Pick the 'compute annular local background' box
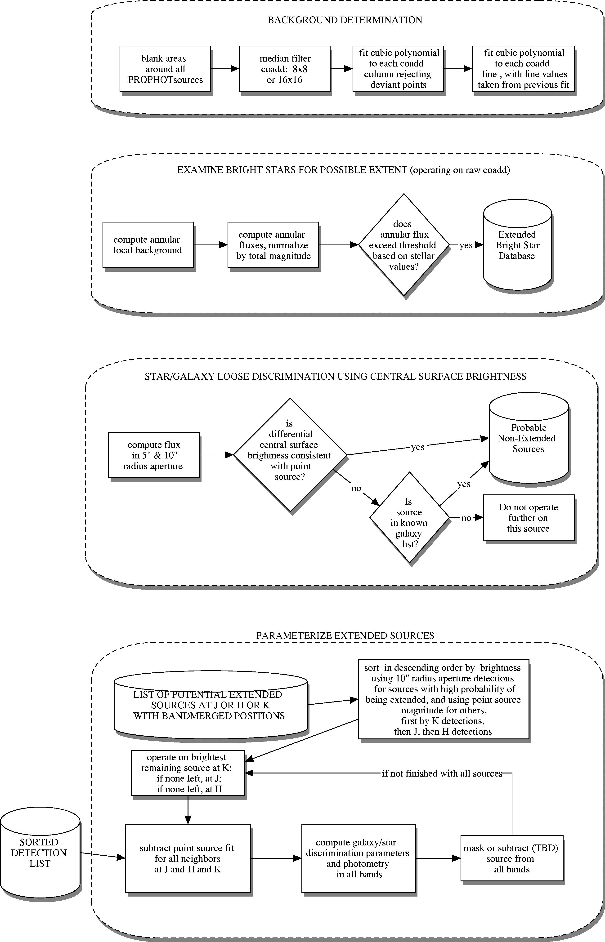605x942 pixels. coord(148,245)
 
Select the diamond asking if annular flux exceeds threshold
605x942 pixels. coord(404,245)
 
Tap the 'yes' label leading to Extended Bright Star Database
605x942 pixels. coord(466,245)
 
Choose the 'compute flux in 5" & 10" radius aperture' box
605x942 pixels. coord(154,455)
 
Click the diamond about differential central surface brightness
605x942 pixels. coord(290,455)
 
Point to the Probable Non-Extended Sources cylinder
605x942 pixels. coord(529,437)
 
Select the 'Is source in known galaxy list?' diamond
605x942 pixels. coord(409,518)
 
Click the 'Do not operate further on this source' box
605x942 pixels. coord(529,518)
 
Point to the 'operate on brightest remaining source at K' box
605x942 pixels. coord(188,773)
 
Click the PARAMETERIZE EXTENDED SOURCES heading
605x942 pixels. coord(345,636)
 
